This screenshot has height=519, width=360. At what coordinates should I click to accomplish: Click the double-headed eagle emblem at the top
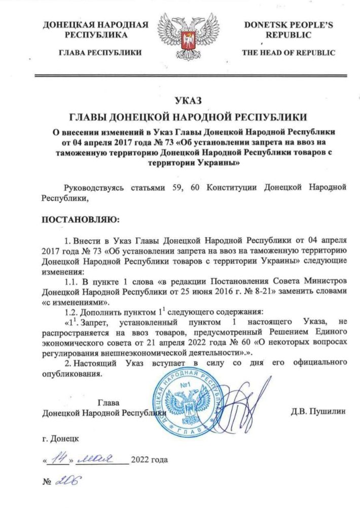179,38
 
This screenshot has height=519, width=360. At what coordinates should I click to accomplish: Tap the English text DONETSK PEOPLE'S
287,25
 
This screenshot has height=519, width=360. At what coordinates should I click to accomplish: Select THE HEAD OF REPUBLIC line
288,52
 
